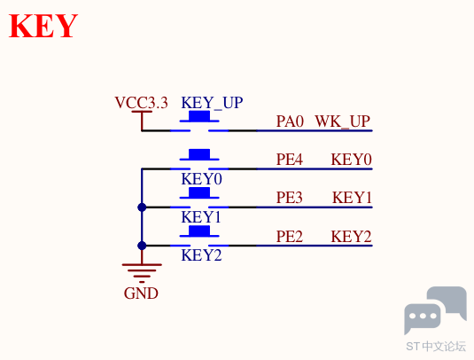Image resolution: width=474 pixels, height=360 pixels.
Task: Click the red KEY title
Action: coord(43,26)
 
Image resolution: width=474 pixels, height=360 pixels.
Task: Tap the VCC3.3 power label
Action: coord(141,103)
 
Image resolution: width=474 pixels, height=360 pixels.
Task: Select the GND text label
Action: coord(141,293)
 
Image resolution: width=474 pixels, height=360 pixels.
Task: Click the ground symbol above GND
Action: coord(142,273)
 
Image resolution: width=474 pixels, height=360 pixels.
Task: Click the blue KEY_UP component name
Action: coord(212,103)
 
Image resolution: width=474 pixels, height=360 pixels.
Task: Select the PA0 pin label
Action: coord(290,121)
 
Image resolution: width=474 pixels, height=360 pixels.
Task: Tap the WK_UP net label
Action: coord(343,121)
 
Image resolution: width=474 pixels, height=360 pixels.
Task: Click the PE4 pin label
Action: coord(290,160)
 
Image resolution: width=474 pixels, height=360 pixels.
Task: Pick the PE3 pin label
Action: coord(290,198)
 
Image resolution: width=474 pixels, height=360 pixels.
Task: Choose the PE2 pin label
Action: coord(290,236)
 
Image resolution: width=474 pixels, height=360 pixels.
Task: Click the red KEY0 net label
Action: coord(351,160)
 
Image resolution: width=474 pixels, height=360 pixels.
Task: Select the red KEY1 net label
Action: coord(352,198)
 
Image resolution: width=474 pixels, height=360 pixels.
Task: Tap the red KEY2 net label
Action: coord(351,236)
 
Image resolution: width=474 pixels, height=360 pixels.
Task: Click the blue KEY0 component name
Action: coord(201,179)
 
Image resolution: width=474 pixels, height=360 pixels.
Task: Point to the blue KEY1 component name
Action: coord(201,217)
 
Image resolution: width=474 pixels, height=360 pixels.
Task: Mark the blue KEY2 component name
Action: coord(201,255)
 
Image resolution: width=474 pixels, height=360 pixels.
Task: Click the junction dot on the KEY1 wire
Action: coord(142,207)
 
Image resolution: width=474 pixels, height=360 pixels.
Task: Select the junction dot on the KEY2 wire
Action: coord(142,246)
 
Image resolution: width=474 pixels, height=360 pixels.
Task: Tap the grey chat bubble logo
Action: coord(435,310)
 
